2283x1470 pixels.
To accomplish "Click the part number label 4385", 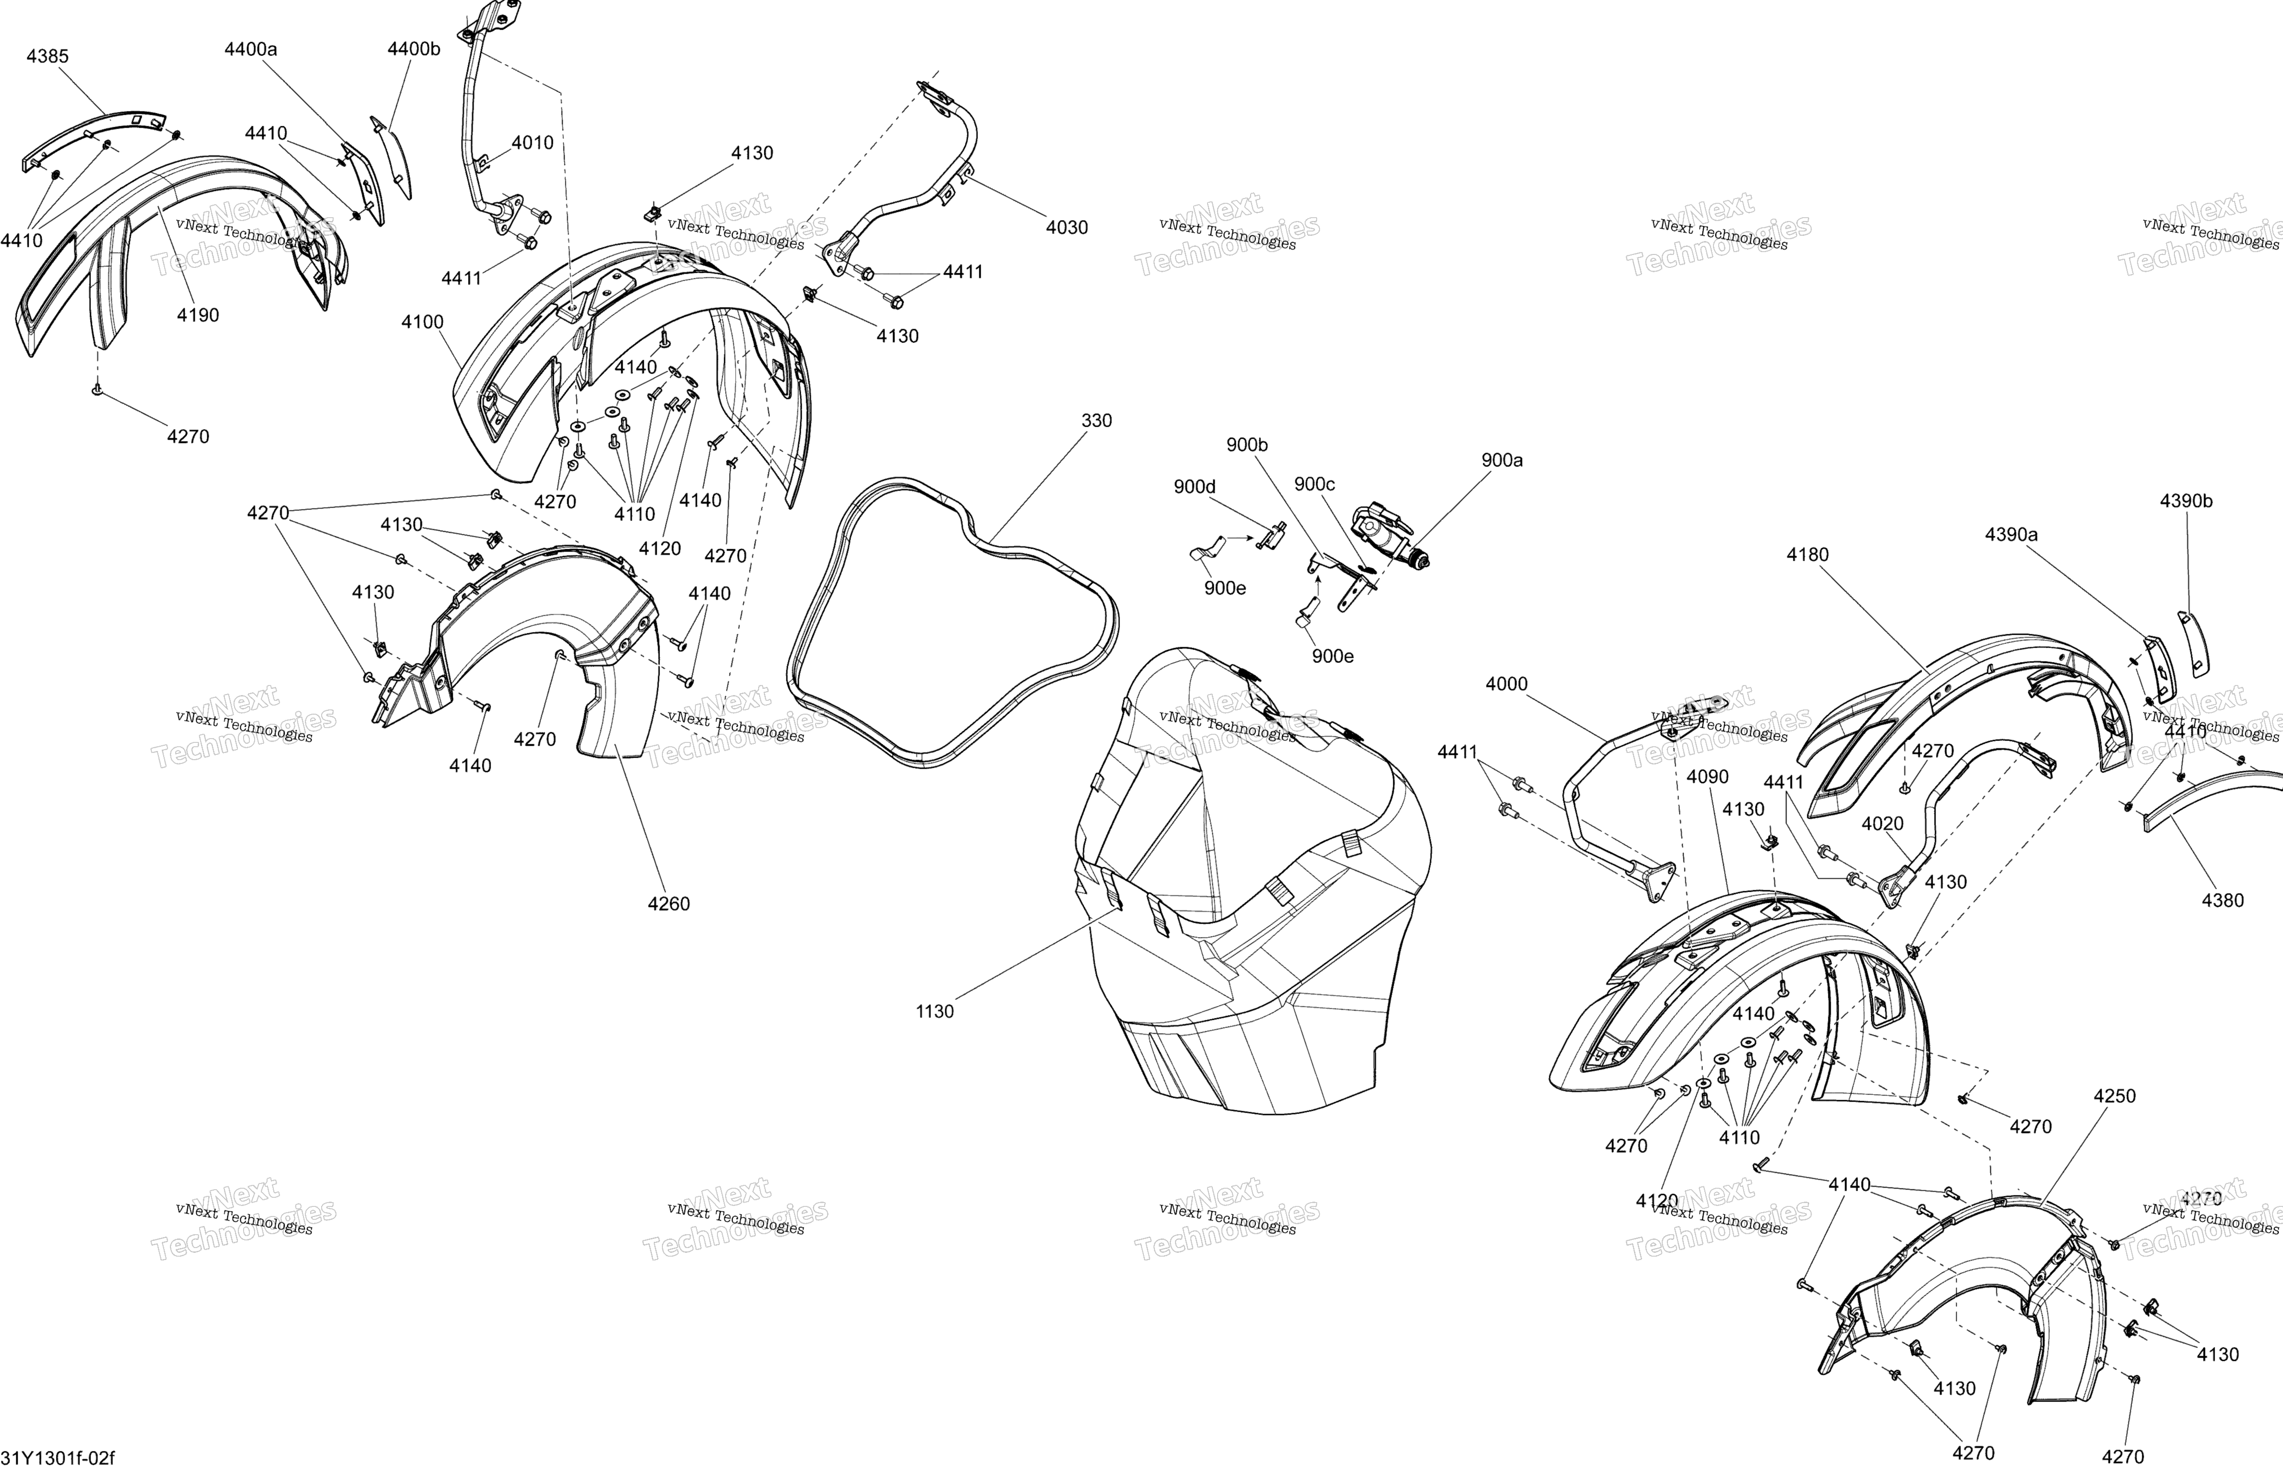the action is pyautogui.click(x=48, y=56).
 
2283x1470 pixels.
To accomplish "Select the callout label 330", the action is pyautogui.click(x=1096, y=421).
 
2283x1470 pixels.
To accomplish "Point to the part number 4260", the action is pyautogui.click(x=668, y=904).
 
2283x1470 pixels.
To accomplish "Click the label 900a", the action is pyautogui.click(x=1502, y=460).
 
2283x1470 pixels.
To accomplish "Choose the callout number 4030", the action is pyautogui.click(x=1066, y=227).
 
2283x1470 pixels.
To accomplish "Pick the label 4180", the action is pyautogui.click(x=1807, y=554).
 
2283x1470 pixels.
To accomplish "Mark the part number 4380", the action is pyautogui.click(x=2223, y=900).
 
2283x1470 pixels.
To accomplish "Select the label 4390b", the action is pyautogui.click(x=2187, y=501).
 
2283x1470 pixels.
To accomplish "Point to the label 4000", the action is pyautogui.click(x=1507, y=685).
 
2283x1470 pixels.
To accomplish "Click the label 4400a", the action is pyautogui.click(x=251, y=49).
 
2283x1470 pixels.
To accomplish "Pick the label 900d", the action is pyautogui.click(x=1195, y=487).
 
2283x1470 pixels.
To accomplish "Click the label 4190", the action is pyautogui.click(x=198, y=315).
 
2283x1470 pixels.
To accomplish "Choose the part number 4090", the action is pyautogui.click(x=1707, y=777).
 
